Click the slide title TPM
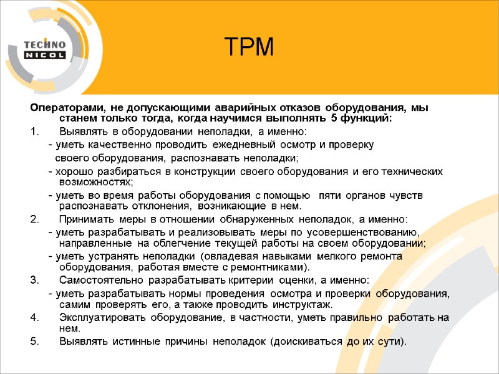point(249,47)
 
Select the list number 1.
point(34,132)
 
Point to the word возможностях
point(96,182)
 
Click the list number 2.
point(34,219)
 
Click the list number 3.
point(34,280)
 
